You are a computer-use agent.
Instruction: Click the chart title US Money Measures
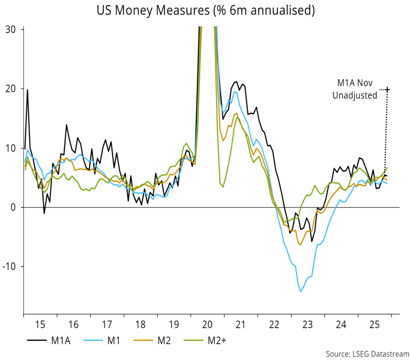(x=205, y=11)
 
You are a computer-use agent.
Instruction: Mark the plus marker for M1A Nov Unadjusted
(x=387, y=89)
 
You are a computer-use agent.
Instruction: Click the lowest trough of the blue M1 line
(x=301, y=291)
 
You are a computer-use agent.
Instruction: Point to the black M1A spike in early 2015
(x=27, y=90)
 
